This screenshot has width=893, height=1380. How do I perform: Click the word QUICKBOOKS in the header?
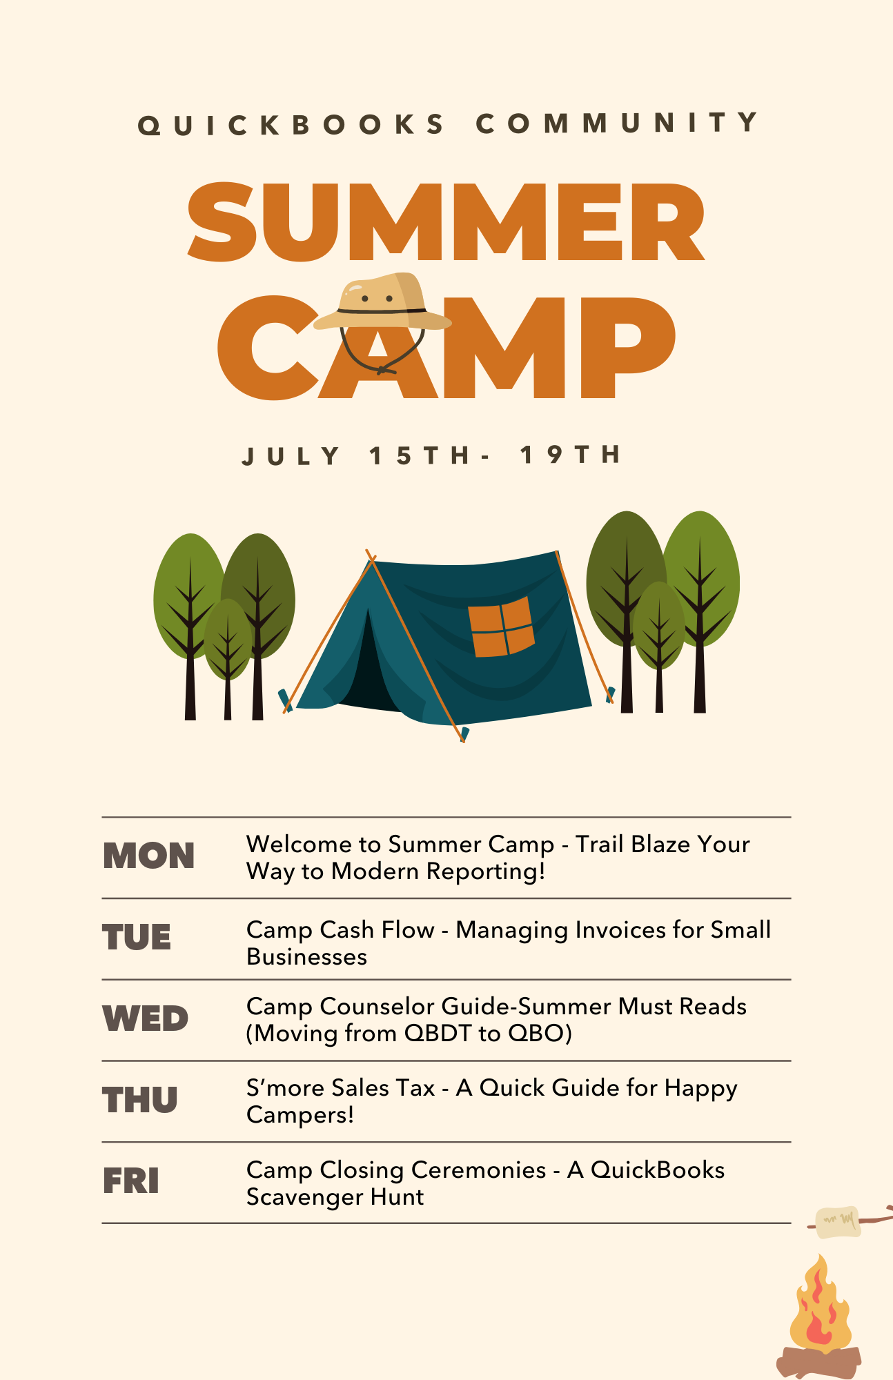(x=291, y=125)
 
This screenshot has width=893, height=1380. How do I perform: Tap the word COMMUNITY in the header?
(x=617, y=124)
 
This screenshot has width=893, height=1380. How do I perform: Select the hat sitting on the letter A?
(x=381, y=304)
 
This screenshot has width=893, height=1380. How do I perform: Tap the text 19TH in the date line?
(x=570, y=455)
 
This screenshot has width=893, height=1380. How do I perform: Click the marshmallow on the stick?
(x=837, y=1223)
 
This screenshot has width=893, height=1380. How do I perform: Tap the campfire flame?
(x=820, y=1306)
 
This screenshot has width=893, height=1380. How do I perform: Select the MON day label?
(x=148, y=856)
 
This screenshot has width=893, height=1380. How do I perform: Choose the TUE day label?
(x=137, y=938)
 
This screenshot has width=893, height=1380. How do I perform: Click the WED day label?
(x=145, y=1018)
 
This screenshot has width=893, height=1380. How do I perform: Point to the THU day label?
(x=140, y=1100)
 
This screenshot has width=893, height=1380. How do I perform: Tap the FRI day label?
(x=131, y=1181)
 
